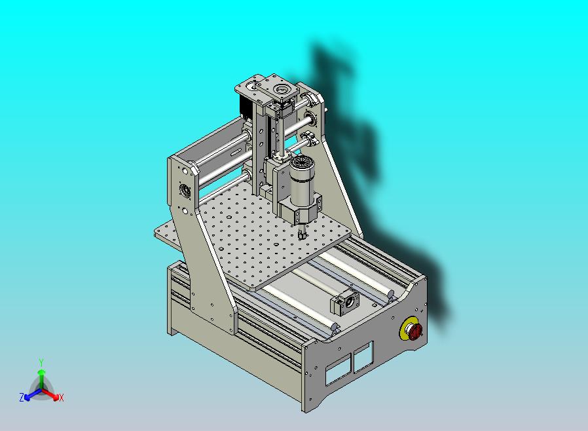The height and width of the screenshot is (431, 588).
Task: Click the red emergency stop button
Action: (x=415, y=331)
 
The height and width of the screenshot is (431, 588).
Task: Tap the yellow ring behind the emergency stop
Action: (x=403, y=330)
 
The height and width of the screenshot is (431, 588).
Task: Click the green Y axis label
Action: (x=41, y=363)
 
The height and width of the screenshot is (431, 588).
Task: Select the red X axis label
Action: (x=61, y=398)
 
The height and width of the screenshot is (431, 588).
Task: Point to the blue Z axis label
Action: (x=22, y=397)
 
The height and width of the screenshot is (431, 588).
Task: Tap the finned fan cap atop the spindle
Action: (x=303, y=164)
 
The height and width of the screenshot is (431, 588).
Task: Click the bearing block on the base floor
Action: (x=344, y=303)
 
